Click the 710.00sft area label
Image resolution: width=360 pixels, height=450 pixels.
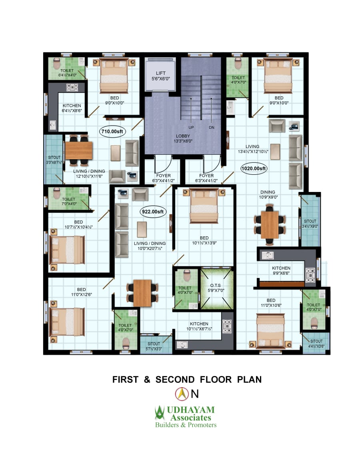[112, 132]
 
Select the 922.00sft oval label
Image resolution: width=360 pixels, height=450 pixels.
[153, 212]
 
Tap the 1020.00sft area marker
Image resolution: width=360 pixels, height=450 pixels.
[254, 168]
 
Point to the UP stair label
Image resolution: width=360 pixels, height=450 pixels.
[191, 128]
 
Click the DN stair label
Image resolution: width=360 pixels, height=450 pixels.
[212, 128]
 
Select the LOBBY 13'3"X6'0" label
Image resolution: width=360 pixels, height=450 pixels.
[183, 138]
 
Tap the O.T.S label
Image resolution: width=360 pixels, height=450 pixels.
[215, 285]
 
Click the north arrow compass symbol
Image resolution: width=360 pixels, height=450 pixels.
[182, 394]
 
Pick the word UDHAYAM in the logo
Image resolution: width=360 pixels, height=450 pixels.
[191, 410]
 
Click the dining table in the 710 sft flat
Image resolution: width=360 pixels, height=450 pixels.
[79, 150]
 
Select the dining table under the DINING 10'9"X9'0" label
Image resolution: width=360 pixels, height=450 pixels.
[270, 225]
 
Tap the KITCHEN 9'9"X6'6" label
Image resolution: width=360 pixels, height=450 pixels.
[281, 270]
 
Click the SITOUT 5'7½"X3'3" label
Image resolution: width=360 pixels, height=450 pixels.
[154, 346]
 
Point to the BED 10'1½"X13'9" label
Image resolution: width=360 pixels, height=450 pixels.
[204, 240]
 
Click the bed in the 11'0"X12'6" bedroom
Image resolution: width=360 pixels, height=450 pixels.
[67, 322]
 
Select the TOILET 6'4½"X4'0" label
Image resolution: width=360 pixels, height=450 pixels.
[67, 73]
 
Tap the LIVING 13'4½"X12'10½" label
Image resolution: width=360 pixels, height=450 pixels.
[253, 149]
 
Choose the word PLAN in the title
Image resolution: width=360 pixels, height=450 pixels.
[249, 380]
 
